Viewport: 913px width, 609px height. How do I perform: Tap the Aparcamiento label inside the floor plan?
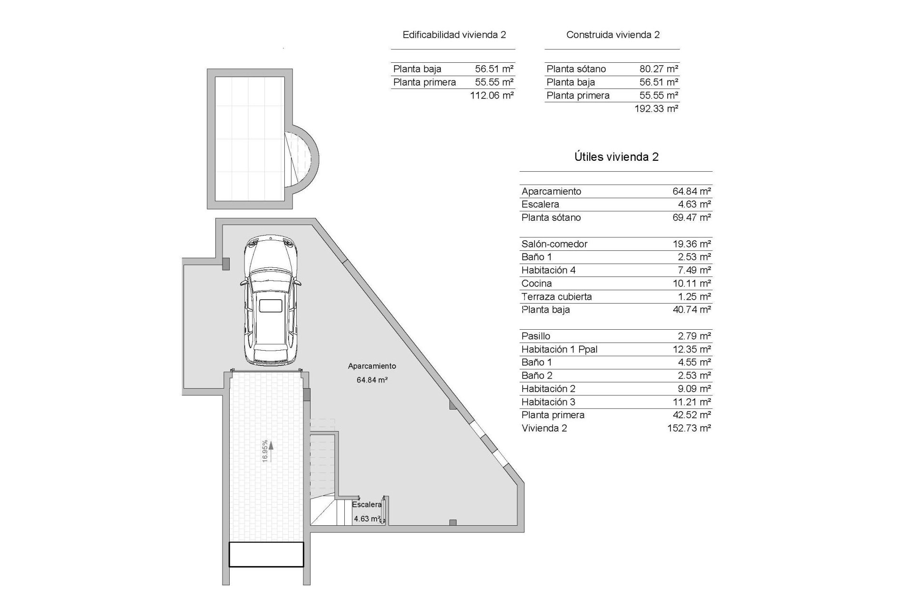tap(372, 366)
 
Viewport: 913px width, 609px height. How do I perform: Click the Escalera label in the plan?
tap(367, 504)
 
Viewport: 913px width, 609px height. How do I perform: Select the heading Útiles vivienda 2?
tap(616, 157)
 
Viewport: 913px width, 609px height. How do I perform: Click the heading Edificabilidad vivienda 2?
tap(454, 35)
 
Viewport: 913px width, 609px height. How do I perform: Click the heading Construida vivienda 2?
tap(613, 35)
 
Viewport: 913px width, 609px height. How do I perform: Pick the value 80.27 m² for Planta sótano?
tap(659, 69)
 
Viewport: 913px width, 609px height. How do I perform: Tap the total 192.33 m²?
tap(656, 108)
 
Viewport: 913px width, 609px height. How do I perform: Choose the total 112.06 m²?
tap(492, 95)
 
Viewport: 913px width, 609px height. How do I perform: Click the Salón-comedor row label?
tap(554, 244)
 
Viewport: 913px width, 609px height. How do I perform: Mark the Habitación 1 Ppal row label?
tap(559, 349)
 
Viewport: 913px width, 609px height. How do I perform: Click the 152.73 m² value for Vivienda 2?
tap(689, 428)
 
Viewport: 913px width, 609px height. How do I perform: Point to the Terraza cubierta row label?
tap(556, 297)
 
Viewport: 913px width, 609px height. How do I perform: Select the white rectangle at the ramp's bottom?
tap(266, 555)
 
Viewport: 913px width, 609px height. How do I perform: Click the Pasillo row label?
tap(535, 336)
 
